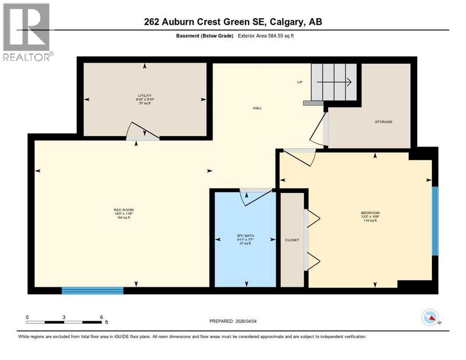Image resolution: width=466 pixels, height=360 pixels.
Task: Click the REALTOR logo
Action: point(28,32)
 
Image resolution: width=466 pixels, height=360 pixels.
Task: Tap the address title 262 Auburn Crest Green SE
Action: point(233,22)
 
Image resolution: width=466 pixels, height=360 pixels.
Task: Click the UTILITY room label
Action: point(144,95)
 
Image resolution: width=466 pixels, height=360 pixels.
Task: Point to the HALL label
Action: point(257,108)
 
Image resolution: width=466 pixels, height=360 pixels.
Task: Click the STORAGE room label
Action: point(383,121)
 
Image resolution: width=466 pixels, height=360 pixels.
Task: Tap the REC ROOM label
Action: point(121,210)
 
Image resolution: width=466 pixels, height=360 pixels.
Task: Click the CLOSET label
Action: point(292,240)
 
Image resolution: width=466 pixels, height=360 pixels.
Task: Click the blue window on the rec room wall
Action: point(92,291)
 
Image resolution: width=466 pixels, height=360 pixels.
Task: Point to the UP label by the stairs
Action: point(300,82)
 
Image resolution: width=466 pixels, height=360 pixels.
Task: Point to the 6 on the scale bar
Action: point(101,317)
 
